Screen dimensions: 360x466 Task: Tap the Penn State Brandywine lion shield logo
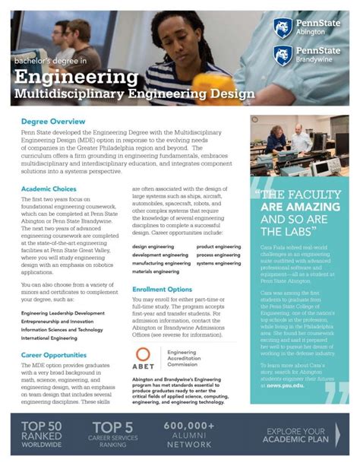pos(283,55)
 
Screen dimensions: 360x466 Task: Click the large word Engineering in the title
pos(75,78)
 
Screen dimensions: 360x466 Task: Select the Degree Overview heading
pos(53,122)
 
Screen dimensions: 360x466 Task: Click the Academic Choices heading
pos(49,189)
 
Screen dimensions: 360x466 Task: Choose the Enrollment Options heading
pos(162,290)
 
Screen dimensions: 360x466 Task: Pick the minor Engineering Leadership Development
pos(63,292)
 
